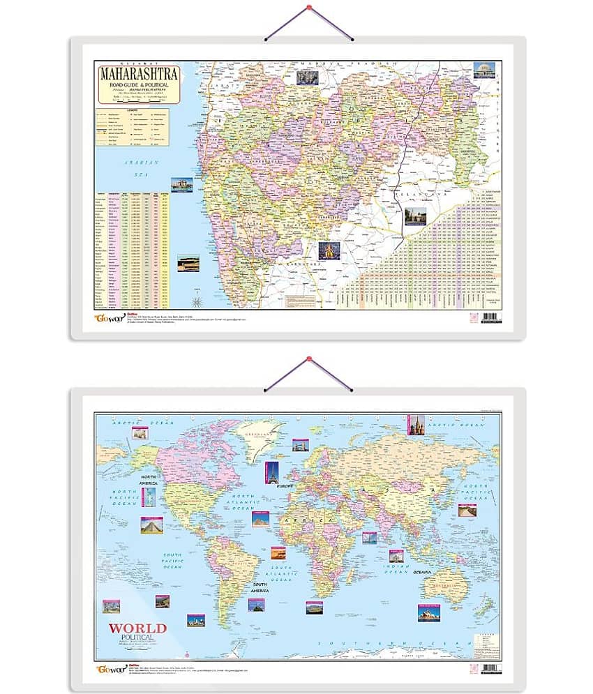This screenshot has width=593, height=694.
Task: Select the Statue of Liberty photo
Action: pos(150,496)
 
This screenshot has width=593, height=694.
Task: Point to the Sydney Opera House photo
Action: pos(428,612)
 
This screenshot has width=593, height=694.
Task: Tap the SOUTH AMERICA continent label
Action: pos(260,587)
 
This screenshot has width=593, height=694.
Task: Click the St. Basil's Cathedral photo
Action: pos(415,423)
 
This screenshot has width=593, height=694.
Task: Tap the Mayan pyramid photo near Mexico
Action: pos(151,525)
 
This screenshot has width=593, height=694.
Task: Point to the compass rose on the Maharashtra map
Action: pos(198,301)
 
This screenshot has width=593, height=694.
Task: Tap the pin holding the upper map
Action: pos(307,10)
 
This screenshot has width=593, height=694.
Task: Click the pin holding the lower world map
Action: pos(308,361)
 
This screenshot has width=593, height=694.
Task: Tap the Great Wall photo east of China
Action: pos(466,510)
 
